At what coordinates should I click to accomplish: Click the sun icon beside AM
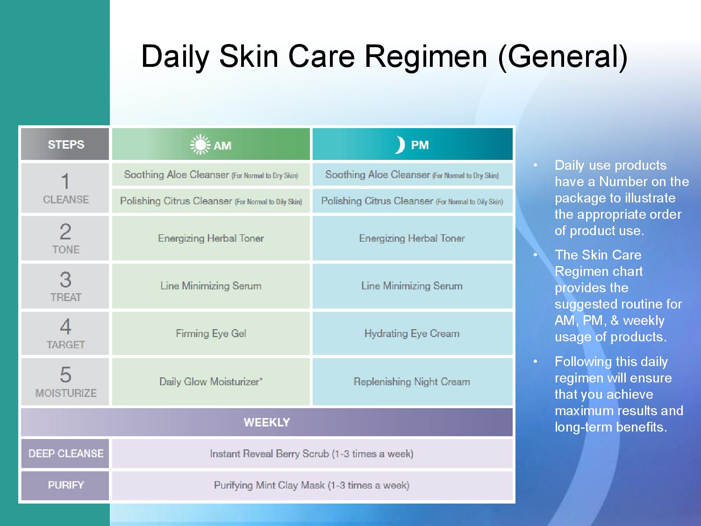pos(200,145)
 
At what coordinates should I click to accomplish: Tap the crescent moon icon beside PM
pos(400,145)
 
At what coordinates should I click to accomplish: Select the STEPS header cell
pos(66,144)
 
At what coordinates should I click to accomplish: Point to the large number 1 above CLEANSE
pos(65,181)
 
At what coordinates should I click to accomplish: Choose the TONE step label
pos(66,250)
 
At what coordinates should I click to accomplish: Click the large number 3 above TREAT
pos(65,280)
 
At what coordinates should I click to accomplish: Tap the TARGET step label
pos(66,345)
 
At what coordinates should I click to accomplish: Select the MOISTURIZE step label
pos(66,393)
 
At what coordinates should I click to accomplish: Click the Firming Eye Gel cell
pos(211,333)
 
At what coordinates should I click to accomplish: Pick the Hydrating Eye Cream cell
pos(412,333)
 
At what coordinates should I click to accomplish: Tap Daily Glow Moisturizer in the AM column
pos(211,382)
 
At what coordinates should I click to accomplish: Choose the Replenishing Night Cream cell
pos(412,382)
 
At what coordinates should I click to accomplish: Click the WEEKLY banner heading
pos(267,422)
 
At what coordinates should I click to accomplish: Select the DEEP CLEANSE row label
pos(66,454)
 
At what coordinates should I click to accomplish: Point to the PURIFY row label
pos(66,485)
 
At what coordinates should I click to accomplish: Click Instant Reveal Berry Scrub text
pos(311,454)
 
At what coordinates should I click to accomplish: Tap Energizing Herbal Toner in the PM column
pos(412,238)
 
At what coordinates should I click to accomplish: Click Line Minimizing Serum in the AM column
pos(211,286)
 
